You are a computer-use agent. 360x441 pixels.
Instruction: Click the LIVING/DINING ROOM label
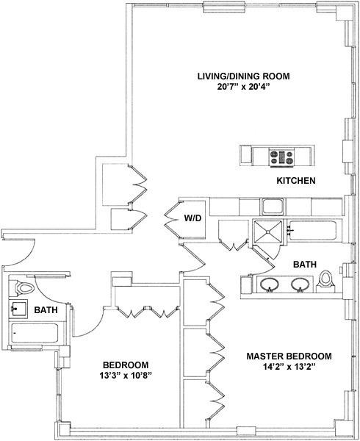243,76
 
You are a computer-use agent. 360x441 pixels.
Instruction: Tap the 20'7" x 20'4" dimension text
243,87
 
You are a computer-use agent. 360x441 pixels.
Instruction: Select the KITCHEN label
296,181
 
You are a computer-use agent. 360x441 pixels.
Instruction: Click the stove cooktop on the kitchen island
281,157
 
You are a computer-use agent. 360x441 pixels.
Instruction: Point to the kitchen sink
273,207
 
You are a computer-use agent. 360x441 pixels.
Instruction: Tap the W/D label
192,218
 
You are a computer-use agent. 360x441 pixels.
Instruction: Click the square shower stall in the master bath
267,232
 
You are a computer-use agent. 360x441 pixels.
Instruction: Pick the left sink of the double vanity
270,284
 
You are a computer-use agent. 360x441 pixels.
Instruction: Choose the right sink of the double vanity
300,284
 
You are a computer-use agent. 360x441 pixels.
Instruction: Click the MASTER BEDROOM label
289,356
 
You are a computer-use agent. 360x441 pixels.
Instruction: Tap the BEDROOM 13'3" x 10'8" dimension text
126,376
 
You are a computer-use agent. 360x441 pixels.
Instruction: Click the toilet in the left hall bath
24,287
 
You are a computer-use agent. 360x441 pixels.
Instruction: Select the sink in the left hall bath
18,309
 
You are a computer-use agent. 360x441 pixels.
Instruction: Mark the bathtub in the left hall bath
35,333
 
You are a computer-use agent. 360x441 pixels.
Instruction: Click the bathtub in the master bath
315,231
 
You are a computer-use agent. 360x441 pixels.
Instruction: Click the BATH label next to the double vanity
305,265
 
